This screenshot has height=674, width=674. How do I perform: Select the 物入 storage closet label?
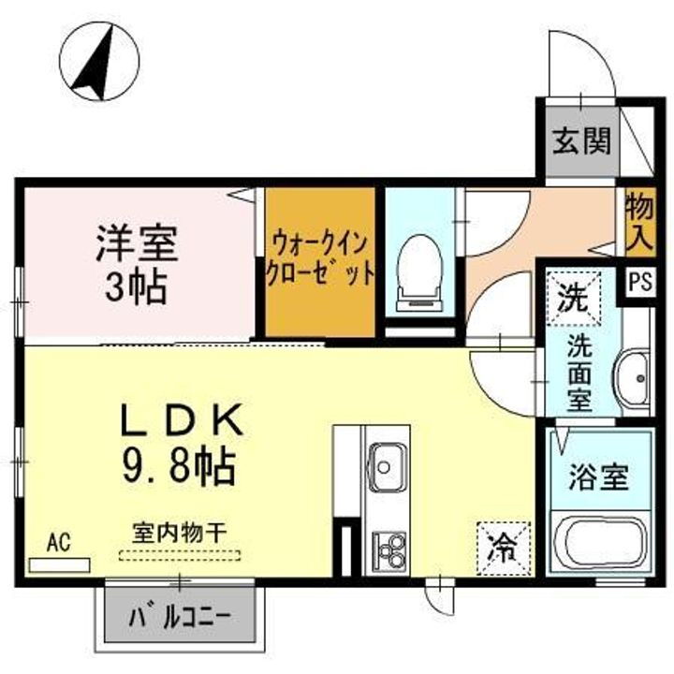tap(638, 220)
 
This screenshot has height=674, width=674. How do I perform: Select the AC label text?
tap(58, 544)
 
